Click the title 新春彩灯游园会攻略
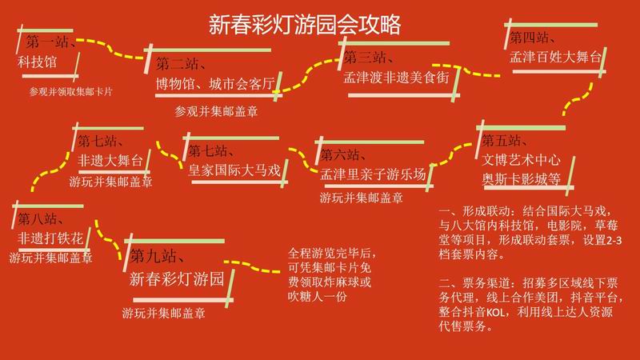305,25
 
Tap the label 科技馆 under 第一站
37,62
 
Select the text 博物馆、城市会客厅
215,84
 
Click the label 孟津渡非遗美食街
396,77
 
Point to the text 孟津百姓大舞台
555,57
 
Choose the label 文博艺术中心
522,159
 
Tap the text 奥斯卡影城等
522,178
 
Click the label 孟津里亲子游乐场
373,174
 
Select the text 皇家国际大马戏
234,170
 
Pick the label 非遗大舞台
110,161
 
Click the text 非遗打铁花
50,238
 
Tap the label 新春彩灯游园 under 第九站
177,278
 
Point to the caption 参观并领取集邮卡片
70,91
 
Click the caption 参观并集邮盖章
216,111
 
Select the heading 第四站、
532,38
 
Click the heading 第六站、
343,154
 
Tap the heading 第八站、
41,218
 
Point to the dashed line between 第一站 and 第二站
110,49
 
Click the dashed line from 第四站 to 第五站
577,99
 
